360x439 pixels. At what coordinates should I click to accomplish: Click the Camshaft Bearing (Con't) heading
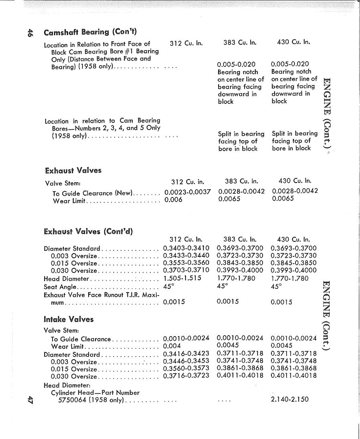tap(90, 32)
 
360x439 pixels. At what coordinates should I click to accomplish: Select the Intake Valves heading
tap(69, 319)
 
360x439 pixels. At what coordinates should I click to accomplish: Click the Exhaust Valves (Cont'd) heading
tap(88, 231)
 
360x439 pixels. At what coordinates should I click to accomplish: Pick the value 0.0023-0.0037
tap(188, 192)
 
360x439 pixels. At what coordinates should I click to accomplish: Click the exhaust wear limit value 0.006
tap(173, 200)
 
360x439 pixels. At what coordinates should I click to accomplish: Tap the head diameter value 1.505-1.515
tap(182, 278)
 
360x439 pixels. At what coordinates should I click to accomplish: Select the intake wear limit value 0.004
tap(172, 346)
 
